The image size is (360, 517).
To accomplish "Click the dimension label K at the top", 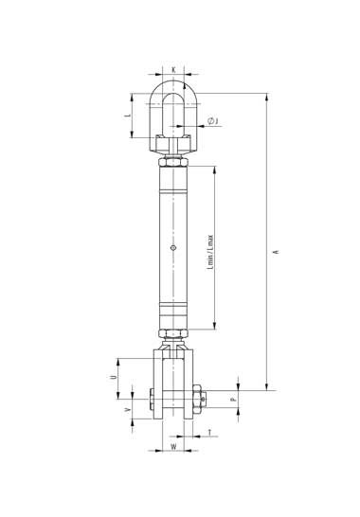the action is click(173, 69).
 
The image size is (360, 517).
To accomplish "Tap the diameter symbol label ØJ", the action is click(213, 121).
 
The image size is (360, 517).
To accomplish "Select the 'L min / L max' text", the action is click(210, 252).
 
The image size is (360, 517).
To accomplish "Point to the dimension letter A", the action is click(277, 252).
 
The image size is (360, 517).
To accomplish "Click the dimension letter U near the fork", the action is click(113, 377).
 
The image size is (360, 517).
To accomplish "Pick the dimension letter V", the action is click(127, 410).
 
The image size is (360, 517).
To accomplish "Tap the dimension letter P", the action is click(233, 400).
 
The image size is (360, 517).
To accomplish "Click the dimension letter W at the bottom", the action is click(173, 447).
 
